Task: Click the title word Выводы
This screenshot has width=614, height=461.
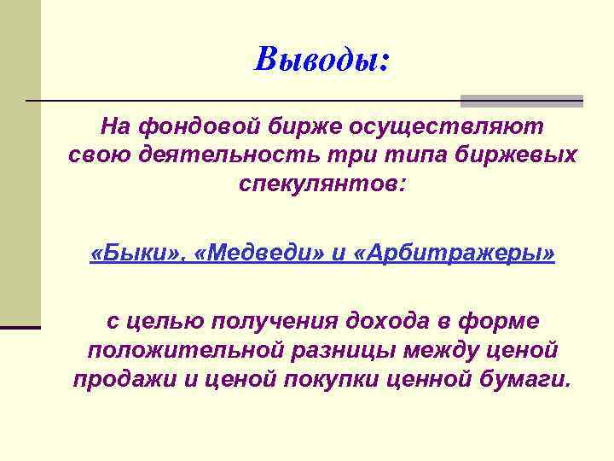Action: point(321,59)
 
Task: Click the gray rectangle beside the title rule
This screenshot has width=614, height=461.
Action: point(522,100)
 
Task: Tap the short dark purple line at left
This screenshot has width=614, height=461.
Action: point(20,327)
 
